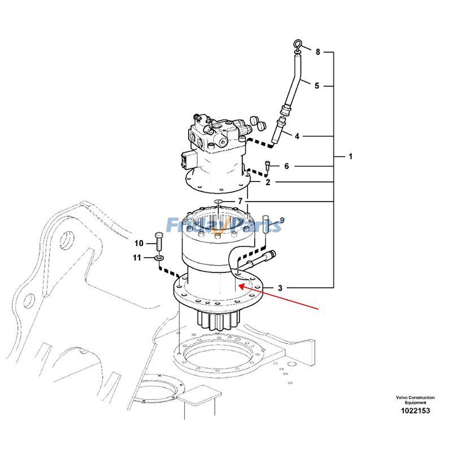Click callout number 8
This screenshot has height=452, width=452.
tap(318, 52)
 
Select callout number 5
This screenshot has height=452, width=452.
tap(317, 86)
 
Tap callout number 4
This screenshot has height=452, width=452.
tap(297, 136)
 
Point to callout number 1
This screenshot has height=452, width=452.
tap(350, 156)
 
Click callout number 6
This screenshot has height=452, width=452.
tap(286, 166)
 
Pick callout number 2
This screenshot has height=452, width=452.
tap(268, 182)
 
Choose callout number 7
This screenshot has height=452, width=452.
tap(240, 201)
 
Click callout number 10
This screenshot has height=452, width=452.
tap(139, 244)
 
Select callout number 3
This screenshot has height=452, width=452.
tap(280, 288)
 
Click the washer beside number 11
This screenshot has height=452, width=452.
tap(159, 258)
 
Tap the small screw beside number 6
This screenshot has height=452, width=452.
tap(268, 166)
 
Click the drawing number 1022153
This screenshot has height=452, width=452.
tap(415, 411)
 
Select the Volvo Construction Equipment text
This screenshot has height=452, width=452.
tap(415, 400)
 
